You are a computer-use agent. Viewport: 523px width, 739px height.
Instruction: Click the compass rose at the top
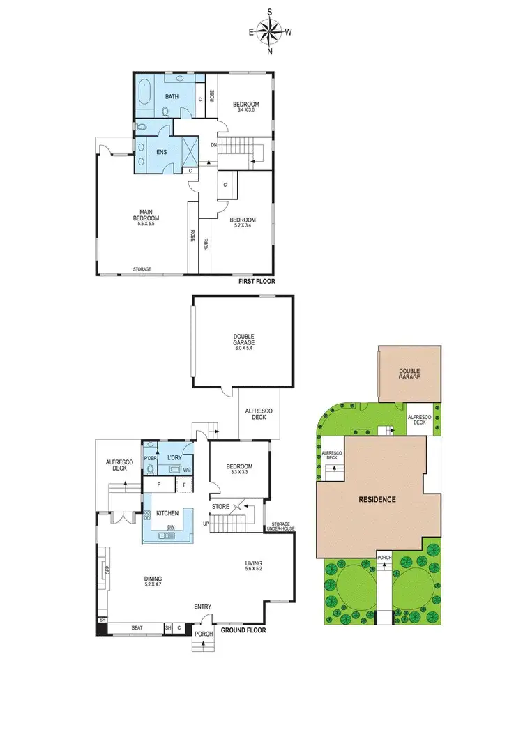point(271,31)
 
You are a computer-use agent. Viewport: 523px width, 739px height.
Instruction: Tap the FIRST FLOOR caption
point(256,282)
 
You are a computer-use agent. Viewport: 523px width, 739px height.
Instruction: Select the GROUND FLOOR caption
point(243,630)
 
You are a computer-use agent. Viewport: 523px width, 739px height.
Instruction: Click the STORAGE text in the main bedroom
point(142,269)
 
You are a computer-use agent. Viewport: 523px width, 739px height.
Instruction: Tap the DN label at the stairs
point(213,145)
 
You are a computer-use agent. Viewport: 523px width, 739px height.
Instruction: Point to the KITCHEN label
point(167,513)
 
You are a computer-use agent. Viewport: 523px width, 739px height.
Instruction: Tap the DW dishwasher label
point(170,527)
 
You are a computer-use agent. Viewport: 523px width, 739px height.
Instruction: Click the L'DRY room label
point(174,457)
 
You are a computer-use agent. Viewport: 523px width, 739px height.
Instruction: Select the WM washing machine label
point(187,471)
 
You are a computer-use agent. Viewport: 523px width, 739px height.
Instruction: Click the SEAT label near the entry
point(137,628)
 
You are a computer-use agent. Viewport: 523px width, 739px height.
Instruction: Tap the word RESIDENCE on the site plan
point(378,499)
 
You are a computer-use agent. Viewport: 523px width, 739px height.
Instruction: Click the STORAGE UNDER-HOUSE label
point(280,526)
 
